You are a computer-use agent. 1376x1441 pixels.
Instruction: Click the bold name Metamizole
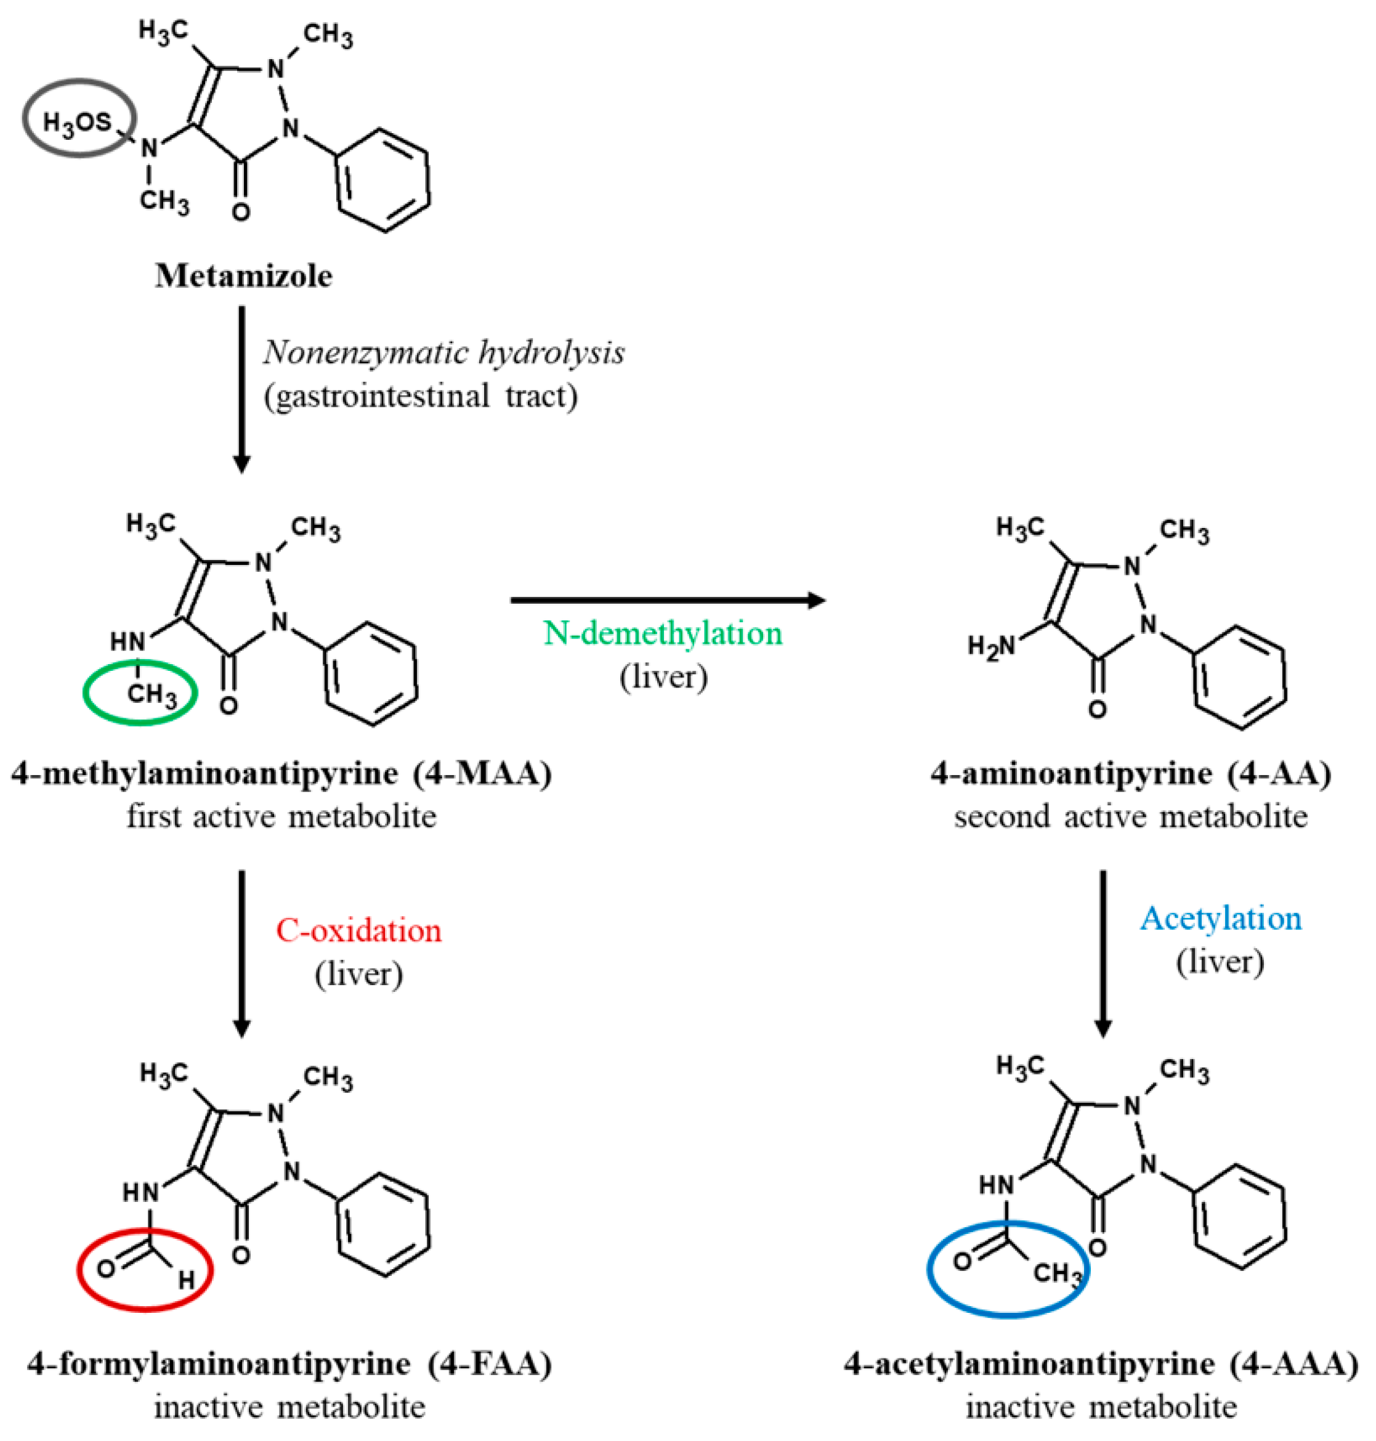pyautogui.click(x=243, y=277)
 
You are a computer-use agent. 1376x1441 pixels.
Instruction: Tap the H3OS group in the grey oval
pyautogui.click(x=77, y=122)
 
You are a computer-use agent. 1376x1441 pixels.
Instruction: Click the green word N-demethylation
pyautogui.click(x=662, y=633)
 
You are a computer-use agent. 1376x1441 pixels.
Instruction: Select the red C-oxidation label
pyautogui.click(x=358, y=930)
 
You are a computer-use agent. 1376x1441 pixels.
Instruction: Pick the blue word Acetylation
pyautogui.click(x=1221, y=918)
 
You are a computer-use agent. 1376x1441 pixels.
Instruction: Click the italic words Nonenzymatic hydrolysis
pyautogui.click(x=443, y=352)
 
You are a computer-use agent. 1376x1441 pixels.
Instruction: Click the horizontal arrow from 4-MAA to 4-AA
pyautogui.click(x=668, y=600)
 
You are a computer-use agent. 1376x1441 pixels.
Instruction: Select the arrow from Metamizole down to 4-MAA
pyautogui.click(x=241, y=389)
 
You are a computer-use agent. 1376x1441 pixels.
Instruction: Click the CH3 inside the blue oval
pyautogui.click(x=1057, y=1273)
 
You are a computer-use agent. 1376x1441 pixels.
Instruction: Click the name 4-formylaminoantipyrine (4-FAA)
pyautogui.click(x=289, y=1364)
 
